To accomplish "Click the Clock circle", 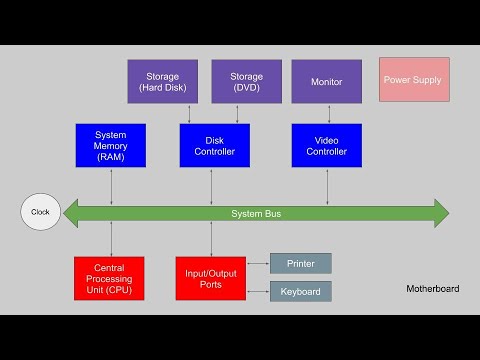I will [x=41, y=212].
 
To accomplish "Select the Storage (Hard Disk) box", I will [x=164, y=81].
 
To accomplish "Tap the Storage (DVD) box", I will [x=246, y=81].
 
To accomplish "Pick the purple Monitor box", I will [x=327, y=81].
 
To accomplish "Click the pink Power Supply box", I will [x=414, y=79].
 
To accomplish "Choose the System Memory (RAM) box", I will [x=110, y=145].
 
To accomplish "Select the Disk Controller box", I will [x=214, y=145].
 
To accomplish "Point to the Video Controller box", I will [x=327, y=145].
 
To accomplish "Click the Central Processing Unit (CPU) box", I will [x=109, y=278].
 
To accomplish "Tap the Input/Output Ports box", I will [x=210, y=278].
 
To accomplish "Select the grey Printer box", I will [x=301, y=263].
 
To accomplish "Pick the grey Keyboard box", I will [x=301, y=291].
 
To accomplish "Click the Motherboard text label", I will [x=433, y=289].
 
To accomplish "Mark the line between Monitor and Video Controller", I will [x=327, y=113].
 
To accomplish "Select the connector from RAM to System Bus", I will [x=111, y=184].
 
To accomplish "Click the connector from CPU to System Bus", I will [x=111, y=241].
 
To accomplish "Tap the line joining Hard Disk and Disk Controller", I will [x=189, y=113].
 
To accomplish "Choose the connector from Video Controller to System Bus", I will [x=327, y=184].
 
